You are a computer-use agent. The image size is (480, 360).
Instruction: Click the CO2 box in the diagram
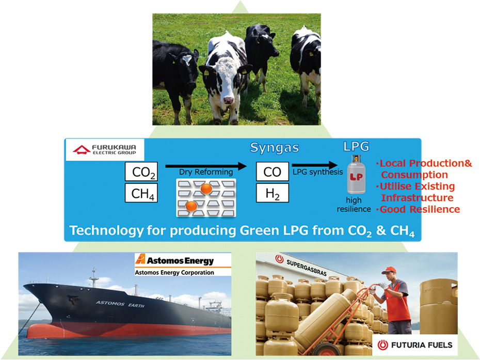coord(141,171)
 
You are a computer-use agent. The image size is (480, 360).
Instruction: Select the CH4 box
coord(141,193)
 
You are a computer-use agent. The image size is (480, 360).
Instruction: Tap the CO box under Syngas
coord(273,171)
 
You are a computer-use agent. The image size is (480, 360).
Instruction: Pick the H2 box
coord(273,193)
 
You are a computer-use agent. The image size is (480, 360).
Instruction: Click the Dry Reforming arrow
coord(206,166)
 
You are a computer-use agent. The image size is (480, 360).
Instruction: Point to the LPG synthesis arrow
coord(315,165)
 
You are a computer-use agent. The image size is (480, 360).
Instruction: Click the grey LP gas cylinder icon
coord(356,175)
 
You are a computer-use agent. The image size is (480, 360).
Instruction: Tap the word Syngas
coord(275,148)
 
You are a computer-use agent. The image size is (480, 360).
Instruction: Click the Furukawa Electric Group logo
coord(104,149)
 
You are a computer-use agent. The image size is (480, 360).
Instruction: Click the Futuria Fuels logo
coord(415,345)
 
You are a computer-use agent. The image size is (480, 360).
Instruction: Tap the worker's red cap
coord(389,270)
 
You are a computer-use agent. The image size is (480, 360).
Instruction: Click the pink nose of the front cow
coord(228,100)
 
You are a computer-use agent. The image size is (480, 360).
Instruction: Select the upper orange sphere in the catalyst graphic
coord(206,189)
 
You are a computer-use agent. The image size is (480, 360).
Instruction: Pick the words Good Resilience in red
coord(420,209)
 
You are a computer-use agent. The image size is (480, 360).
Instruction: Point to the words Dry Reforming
coord(206,172)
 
